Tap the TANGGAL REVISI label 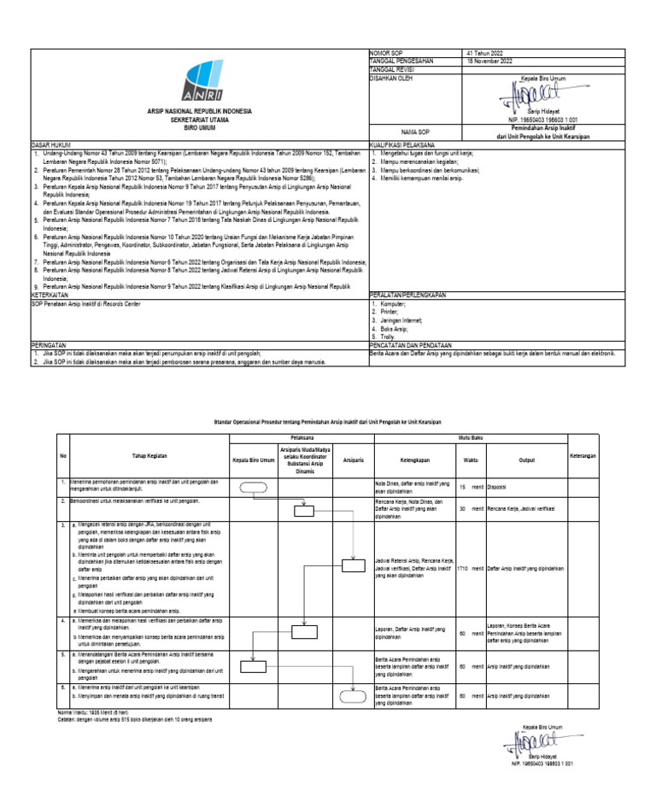point(392,69)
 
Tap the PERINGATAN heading point(49,344)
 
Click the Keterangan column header point(582,456)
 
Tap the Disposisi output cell point(497,488)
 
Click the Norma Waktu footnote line point(92,711)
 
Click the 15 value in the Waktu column point(463,488)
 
